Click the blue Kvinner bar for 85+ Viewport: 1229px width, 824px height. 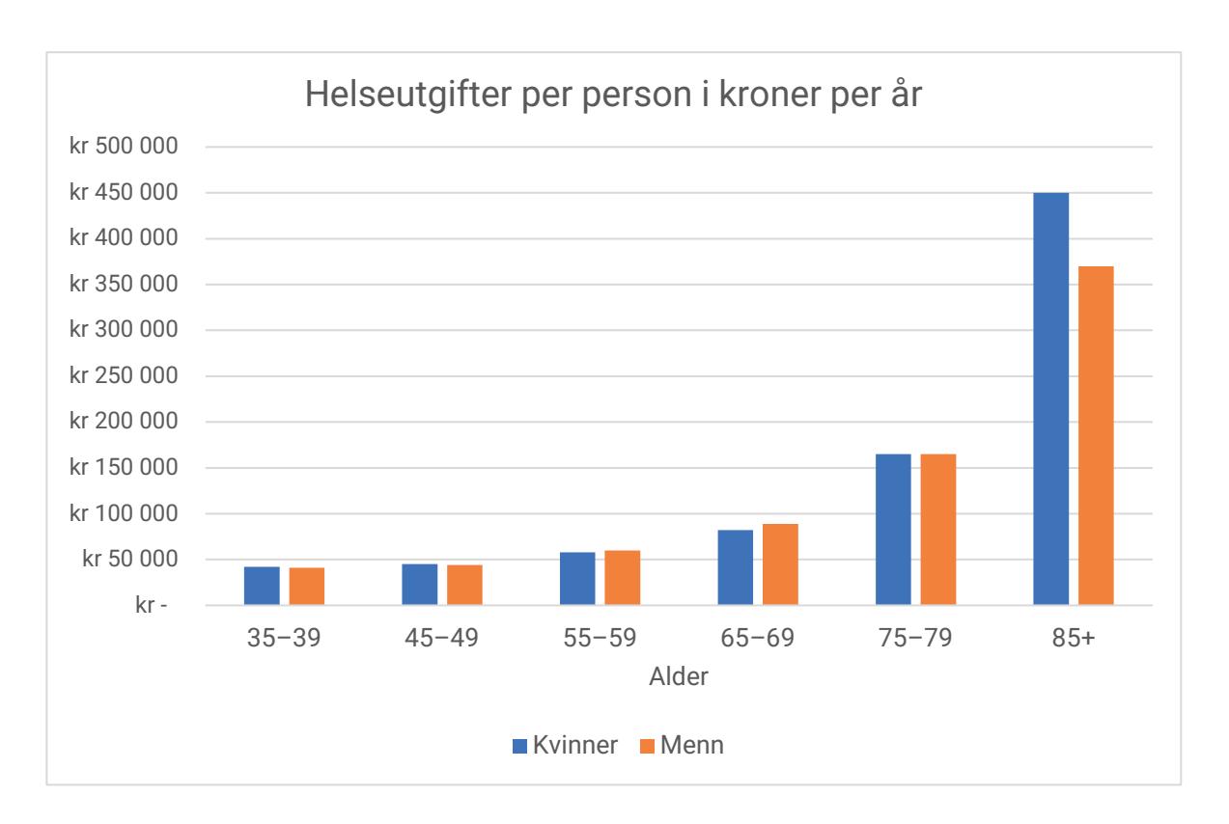click(x=1050, y=398)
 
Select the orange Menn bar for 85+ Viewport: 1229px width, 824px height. click(x=1096, y=435)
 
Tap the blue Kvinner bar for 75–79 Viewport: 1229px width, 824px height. click(x=893, y=529)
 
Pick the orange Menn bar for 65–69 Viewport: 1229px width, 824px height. click(x=780, y=564)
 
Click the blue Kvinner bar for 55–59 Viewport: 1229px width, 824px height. click(x=577, y=578)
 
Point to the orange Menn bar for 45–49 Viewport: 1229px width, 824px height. click(x=464, y=585)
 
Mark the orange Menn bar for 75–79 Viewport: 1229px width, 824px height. click(x=938, y=529)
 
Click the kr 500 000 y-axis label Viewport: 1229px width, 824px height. click(x=125, y=147)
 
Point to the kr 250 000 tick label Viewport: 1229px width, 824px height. click(x=125, y=375)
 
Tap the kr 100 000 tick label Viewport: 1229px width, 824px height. click(x=125, y=513)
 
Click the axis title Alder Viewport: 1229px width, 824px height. click(x=678, y=676)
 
